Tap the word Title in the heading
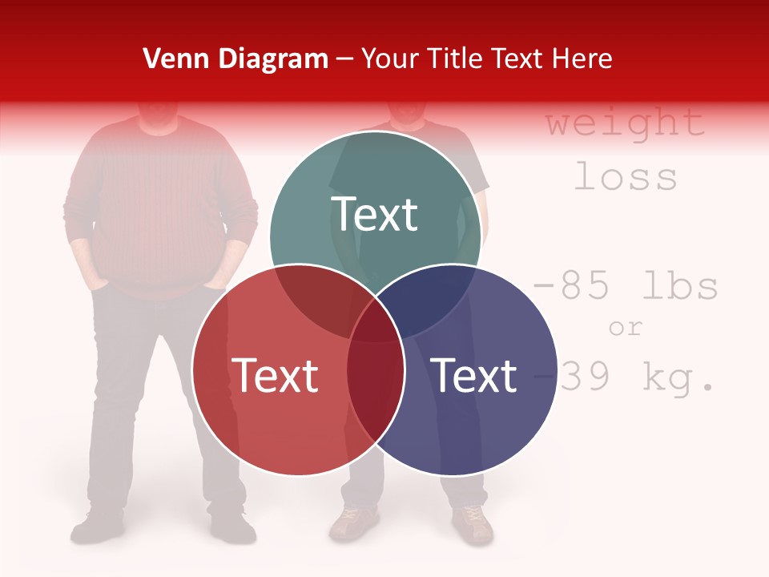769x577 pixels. coord(457,59)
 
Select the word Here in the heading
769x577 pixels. coord(584,59)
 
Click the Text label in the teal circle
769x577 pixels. coord(375,214)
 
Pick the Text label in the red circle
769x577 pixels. coord(275,375)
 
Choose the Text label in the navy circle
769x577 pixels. coord(474,375)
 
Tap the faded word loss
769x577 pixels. coord(626,177)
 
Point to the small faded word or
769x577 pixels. coord(626,328)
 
